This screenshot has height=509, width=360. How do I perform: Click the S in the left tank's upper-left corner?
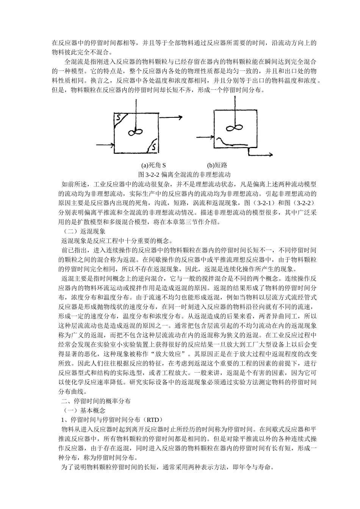119,118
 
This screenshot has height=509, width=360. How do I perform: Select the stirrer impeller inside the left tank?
135,131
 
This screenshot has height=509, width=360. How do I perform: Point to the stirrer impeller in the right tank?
233,128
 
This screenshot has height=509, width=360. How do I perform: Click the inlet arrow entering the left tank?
105,145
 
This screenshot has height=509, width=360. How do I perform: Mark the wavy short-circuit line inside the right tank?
231,143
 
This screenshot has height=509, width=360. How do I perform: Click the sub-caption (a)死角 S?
153,166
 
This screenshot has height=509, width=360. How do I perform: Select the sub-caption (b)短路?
217,166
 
